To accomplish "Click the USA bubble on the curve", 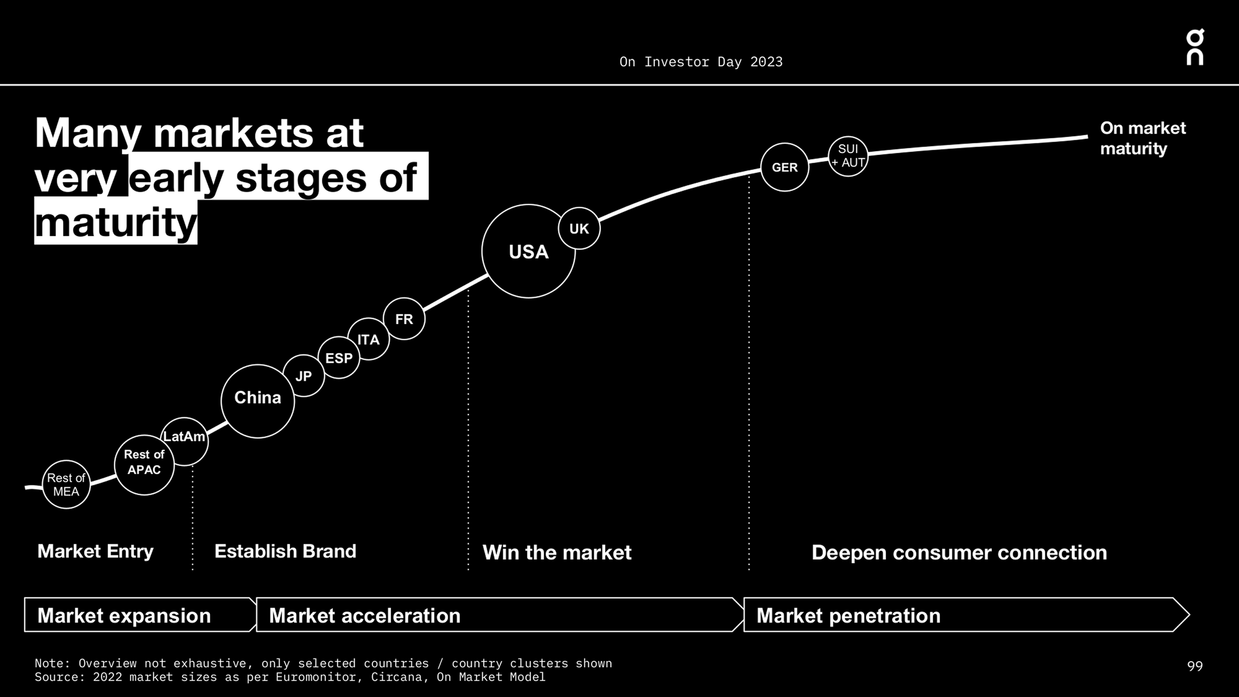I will click(x=528, y=251).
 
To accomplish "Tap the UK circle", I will click(x=579, y=228).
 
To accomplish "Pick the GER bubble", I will click(x=784, y=167).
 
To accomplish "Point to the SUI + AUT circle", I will click(x=848, y=156).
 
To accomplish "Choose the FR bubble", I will click(x=404, y=319).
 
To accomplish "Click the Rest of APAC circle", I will click(x=144, y=465).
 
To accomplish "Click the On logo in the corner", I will click(x=1195, y=47).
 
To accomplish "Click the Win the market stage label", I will click(x=557, y=552).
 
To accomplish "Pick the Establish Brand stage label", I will click(x=285, y=551).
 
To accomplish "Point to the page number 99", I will click(x=1195, y=666).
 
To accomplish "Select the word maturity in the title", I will click(x=116, y=223).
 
